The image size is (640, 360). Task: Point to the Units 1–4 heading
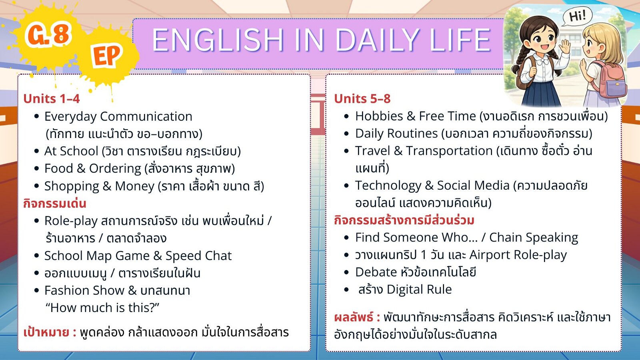pos(52,99)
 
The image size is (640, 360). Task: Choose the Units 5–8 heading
pos(362,99)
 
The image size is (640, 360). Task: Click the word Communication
pos(146,116)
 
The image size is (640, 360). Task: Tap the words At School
pos(71,151)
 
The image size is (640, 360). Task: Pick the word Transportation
pos(450,151)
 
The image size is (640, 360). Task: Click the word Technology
pos(388,186)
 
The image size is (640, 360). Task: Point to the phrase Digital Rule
pos(419,290)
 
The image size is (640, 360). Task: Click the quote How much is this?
pos(102,308)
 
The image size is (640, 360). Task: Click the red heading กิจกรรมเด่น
pos(54,204)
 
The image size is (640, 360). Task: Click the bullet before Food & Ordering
pos(36,168)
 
